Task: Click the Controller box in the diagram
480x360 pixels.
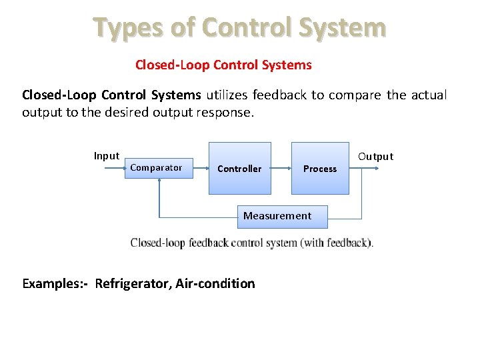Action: coord(239,168)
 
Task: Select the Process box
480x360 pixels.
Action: coord(320,168)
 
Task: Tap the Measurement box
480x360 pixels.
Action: coord(277,216)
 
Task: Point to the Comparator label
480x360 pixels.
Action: coord(156,167)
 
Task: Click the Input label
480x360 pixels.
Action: coord(107,156)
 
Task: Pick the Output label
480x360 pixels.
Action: coord(375,157)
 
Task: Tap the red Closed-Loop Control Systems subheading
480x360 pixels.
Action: coord(223,65)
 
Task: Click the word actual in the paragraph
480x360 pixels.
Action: coord(429,95)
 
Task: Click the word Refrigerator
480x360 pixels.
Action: coord(134,283)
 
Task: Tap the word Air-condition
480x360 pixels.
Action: coord(215,283)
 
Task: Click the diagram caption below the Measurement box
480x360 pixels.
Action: coord(252,243)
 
